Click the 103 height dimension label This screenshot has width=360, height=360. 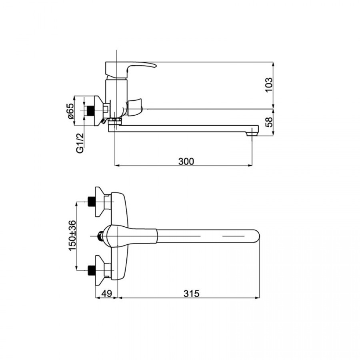(269, 85)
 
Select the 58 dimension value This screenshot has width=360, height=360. (269, 122)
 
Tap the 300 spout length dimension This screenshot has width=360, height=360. (186, 162)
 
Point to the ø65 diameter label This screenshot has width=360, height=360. (70, 111)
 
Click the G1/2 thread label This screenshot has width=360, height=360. (80, 143)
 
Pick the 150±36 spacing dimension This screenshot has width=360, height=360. (72, 236)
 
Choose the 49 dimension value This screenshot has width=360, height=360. (106, 294)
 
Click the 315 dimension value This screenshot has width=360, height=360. (192, 294)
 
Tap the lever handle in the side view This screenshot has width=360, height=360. (131, 69)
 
